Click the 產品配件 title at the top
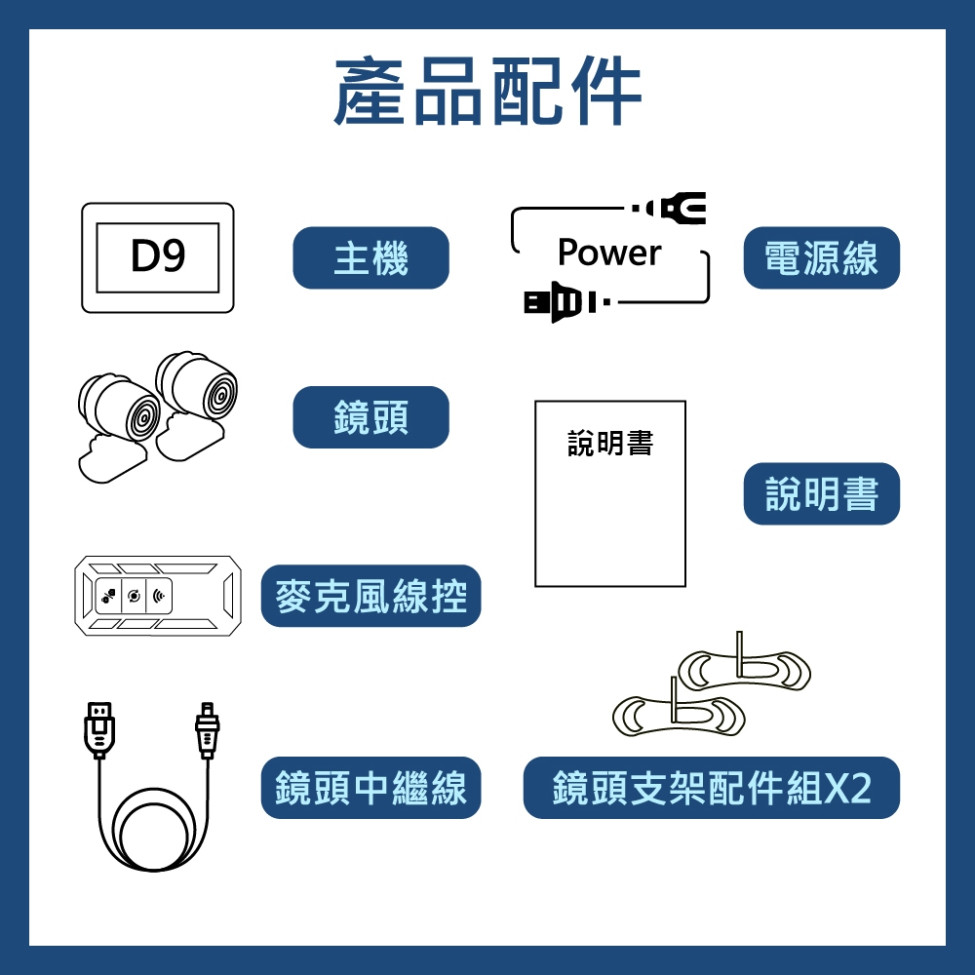point(487,93)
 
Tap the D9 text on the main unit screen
point(158,256)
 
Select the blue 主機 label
point(370,258)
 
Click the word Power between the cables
point(609,253)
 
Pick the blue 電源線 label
point(821,258)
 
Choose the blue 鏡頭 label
point(370,417)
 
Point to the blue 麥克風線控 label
point(370,596)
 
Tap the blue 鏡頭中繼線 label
point(370,788)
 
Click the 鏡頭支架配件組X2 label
point(711,788)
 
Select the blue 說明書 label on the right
point(821,494)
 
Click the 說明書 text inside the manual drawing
point(610,445)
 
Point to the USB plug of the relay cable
point(99,727)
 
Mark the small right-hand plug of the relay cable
point(207,728)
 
